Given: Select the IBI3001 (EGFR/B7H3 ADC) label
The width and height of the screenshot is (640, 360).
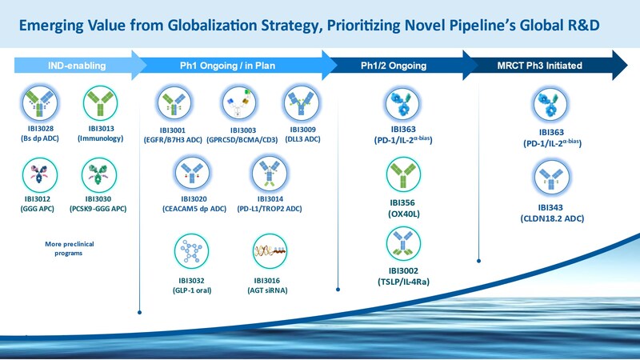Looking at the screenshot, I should [x=170, y=135].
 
